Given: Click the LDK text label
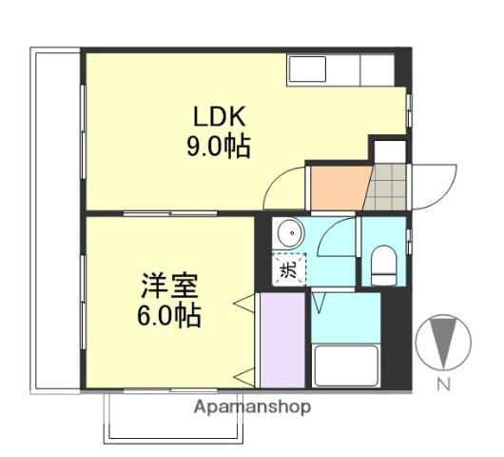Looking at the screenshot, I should click(220, 117).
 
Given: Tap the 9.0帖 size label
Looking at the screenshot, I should click(218, 148).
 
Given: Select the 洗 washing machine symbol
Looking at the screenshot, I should click(287, 268).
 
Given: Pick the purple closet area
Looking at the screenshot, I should click(281, 341).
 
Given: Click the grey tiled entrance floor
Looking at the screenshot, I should click(387, 187).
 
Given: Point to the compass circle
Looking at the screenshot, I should click(444, 343).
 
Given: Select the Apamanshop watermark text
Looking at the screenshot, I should click(251, 407).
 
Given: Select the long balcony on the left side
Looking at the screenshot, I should click(54, 219).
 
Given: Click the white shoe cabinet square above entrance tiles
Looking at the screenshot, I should click(388, 149).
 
